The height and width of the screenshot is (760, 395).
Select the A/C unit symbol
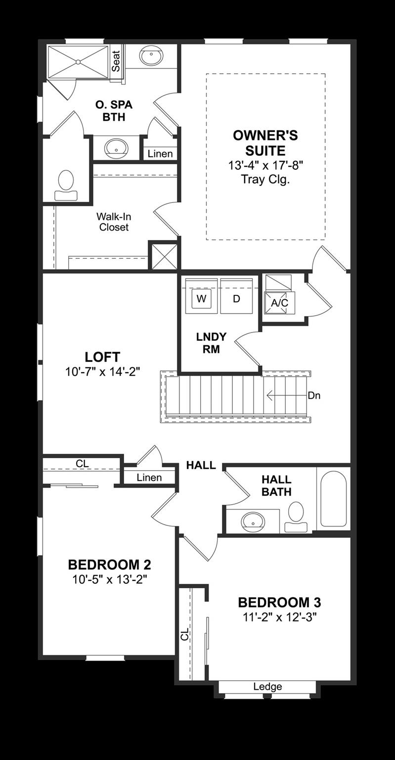click(280, 302)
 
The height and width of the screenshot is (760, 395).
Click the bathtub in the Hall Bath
click(334, 498)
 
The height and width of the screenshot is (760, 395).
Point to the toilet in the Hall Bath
click(296, 517)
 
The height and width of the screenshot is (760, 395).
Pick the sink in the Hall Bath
click(253, 522)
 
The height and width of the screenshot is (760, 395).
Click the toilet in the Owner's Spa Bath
click(66, 185)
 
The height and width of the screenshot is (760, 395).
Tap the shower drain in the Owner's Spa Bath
click(78, 62)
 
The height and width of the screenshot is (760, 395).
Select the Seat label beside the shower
click(116, 61)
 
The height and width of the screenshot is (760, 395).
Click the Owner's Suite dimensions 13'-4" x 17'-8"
click(265, 166)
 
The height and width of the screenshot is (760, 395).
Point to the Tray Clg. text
click(265, 179)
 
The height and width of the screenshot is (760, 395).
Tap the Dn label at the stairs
click(314, 396)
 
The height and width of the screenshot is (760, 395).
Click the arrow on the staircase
click(287, 396)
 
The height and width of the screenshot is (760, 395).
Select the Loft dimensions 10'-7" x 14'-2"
click(102, 372)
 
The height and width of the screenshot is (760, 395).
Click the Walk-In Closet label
click(114, 222)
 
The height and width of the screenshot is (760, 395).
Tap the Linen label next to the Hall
click(149, 477)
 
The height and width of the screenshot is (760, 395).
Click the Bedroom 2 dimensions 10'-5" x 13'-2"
click(109, 579)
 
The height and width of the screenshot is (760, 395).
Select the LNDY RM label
click(211, 343)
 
